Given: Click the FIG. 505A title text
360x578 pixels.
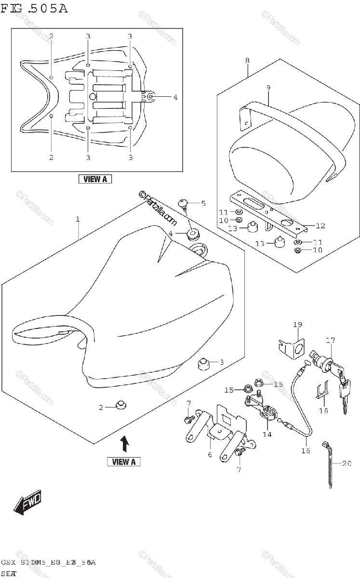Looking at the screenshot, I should pyautogui.click(x=34, y=9).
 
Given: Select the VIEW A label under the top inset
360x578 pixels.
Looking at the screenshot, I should pyautogui.click(x=95, y=179).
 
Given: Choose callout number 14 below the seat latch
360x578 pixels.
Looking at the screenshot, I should pyautogui.click(x=267, y=434).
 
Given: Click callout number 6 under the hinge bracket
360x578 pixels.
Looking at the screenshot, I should pyautogui.click(x=210, y=454).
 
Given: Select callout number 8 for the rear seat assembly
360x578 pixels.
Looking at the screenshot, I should pyautogui.click(x=247, y=61).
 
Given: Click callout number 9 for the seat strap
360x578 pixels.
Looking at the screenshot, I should pyautogui.click(x=268, y=87).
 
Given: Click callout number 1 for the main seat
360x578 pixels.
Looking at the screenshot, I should pyautogui.click(x=78, y=219).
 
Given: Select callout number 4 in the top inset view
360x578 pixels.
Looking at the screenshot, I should pyautogui.click(x=175, y=97).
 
